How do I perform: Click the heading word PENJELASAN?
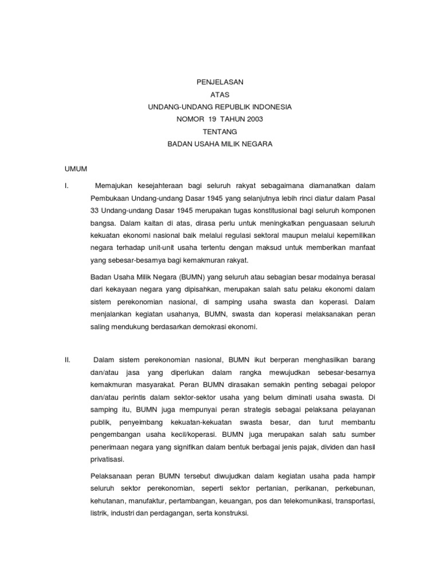pos(220,82)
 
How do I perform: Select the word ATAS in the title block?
pos(220,95)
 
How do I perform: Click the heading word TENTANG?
pos(220,132)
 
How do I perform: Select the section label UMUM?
pos(74,169)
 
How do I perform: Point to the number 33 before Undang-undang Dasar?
pos(96,210)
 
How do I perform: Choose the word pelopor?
pos(362,385)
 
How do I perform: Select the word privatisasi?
pos(107,459)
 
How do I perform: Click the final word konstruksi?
pos(230,514)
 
